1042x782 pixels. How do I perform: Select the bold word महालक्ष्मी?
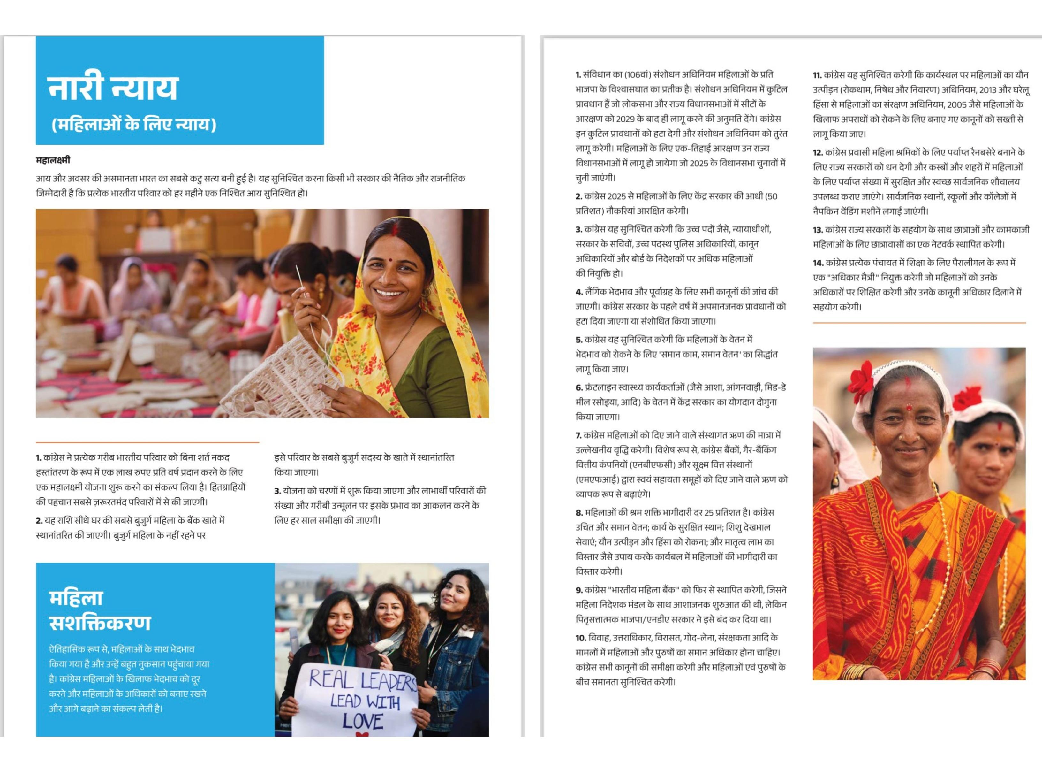[53, 160]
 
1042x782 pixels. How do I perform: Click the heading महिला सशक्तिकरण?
[99, 610]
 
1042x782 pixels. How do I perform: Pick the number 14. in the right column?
[818, 263]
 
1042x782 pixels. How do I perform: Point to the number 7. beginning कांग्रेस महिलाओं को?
[578, 435]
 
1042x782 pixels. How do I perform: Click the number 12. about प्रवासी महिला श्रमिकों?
[818, 153]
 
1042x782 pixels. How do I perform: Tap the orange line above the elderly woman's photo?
[918, 323]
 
